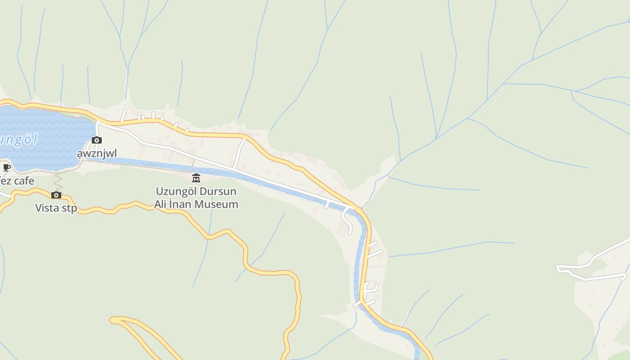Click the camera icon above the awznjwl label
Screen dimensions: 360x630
97,140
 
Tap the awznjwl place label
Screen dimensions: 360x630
97,154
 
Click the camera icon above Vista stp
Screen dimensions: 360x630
56,195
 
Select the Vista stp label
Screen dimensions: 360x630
56,208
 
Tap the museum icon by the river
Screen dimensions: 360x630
196,178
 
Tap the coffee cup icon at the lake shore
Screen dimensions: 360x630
6,168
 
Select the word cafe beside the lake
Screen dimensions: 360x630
24,181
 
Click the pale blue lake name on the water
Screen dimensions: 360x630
18,139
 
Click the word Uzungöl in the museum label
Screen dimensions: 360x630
176,192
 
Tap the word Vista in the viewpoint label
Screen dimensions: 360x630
48,208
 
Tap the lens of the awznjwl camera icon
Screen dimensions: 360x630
97,141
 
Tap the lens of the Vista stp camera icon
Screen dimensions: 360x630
56,195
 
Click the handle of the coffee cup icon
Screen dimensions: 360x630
9,167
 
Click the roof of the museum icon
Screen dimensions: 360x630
196,175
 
